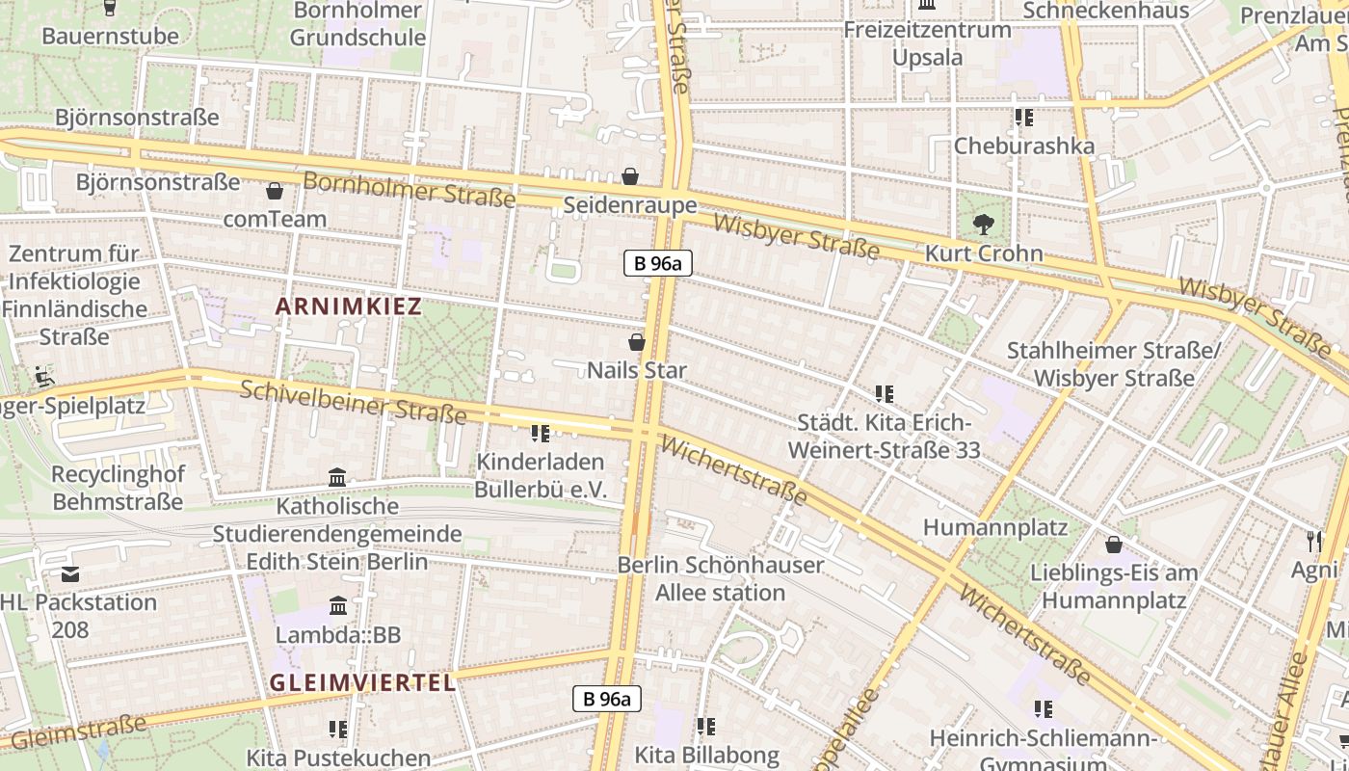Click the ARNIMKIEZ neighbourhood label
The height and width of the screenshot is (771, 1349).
pos(348,306)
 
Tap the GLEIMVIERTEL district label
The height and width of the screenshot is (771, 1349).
pos(361,682)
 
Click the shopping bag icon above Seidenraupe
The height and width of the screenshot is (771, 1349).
pos(630,176)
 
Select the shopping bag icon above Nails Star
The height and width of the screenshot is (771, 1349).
pos(636,342)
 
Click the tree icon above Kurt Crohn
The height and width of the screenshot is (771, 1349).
pos(983,226)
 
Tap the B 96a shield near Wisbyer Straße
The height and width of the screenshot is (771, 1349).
pos(657,262)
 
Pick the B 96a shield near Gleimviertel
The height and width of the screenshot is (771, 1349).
pos(607,699)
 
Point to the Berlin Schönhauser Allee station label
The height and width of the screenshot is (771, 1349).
pos(721,578)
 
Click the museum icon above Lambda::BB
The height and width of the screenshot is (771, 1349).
pos(338,606)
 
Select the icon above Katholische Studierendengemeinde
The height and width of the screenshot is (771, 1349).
pos(337,477)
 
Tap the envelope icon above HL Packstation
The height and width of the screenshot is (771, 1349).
pos(70,574)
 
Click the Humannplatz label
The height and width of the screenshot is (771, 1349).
pos(995,527)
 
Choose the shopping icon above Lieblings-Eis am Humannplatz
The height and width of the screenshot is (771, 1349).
pos(1114,545)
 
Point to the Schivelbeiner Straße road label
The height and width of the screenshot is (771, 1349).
pos(353,402)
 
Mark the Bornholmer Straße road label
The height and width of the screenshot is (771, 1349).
pos(410,188)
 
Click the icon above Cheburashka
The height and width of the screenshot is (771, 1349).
pos(1023,118)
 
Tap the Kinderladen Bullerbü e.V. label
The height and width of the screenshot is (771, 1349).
pos(541,475)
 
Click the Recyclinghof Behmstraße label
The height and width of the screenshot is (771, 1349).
pos(118,488)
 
